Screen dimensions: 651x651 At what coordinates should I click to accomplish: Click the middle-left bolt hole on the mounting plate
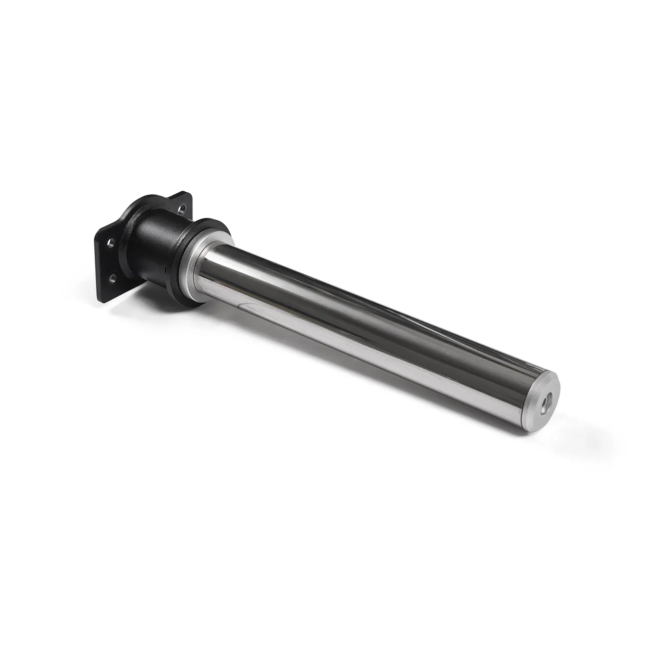click(111, 245)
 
